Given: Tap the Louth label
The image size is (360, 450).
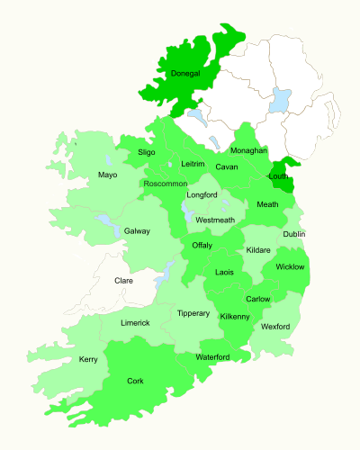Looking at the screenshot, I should [x=278, y=176].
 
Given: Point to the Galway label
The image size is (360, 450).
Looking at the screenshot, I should [x=137, y=231].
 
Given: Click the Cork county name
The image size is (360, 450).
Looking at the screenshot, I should [x=135, y=381].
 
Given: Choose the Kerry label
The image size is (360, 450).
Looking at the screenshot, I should [x=88, y=360].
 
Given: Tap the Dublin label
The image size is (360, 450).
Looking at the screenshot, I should [x=294, y=234].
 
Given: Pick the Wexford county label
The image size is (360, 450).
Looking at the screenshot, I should [x=275, y=326].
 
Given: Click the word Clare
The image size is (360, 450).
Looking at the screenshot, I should [x=124, y=281].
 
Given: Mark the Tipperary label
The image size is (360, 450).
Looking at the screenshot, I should [x=193, y=313].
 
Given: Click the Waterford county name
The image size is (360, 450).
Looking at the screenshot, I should [x=214, y=357].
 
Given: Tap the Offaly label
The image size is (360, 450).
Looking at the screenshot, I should [x=202, y=245].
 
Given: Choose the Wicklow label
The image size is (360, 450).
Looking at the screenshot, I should [x=290, y=266].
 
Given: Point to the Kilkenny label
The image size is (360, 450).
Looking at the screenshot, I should [x=234, y=317].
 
